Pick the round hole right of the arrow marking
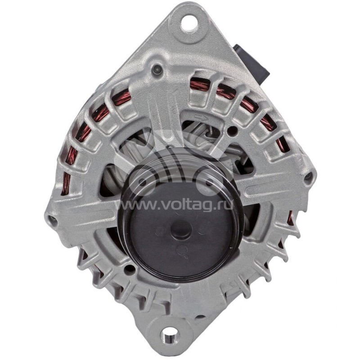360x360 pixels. pos(232,131)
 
